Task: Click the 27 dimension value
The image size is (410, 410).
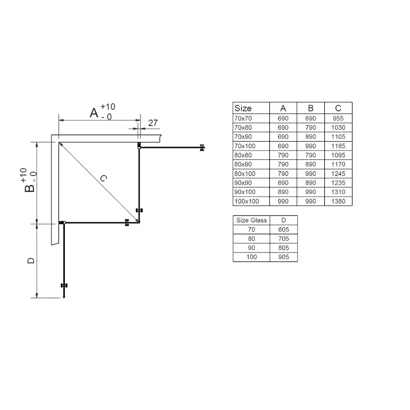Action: point(153,123)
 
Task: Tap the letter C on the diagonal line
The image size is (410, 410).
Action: point(103,178)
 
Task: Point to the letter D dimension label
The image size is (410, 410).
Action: point(31,260)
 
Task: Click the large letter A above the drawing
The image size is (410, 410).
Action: point(94,113)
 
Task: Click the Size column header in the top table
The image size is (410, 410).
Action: point(243,108)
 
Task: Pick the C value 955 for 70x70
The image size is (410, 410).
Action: point(338,118)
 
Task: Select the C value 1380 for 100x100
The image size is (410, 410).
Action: point(338,202)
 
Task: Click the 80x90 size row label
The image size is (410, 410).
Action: point(243,164)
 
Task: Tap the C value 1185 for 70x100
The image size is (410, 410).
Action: point(338,146)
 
